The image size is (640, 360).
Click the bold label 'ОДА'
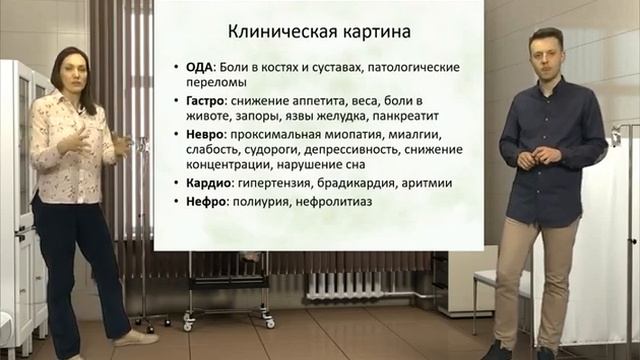click(187, 67)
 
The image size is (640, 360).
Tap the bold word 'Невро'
click(193, 132)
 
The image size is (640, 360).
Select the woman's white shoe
click(136, 339)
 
